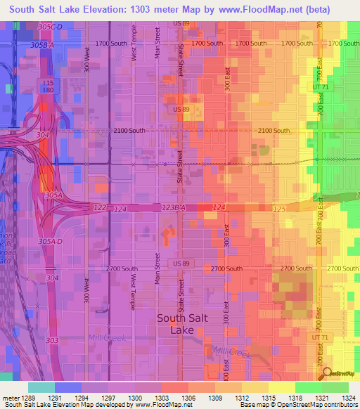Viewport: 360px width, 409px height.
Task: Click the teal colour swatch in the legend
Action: click(41, 387)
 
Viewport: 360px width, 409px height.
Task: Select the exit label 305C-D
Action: click(51, 26)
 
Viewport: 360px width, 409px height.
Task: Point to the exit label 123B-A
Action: click(172, 207)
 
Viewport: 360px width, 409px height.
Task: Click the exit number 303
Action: click(51, 340)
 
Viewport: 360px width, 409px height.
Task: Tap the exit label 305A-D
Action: click(51, 241)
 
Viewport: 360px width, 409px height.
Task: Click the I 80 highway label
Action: click(49, 91)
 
